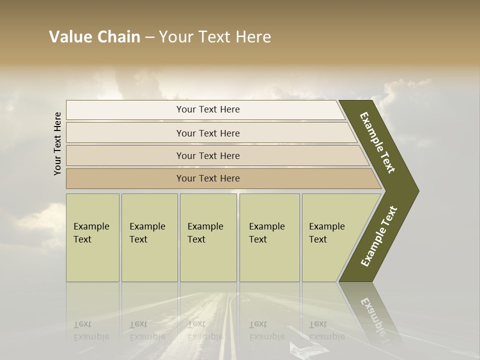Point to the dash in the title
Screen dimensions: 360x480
[x=149, y=37]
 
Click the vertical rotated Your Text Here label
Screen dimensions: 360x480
[x=57, y=143]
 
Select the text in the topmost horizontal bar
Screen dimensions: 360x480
[x=208, y=109]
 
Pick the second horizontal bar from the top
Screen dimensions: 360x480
[x=208, y=133]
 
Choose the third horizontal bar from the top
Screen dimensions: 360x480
[x=208, y=155]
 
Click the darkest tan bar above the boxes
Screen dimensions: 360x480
[x=208, y=178]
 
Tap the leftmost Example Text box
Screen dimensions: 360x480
[x=92, y=237]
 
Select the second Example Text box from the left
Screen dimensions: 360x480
[x=149, y=237]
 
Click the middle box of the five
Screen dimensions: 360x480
[x=208, y=237]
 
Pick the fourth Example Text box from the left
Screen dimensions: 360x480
[x=269, y=237]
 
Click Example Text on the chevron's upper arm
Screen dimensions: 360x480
[x=377, y=142]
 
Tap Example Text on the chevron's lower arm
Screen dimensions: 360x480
[x=378, y=236]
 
